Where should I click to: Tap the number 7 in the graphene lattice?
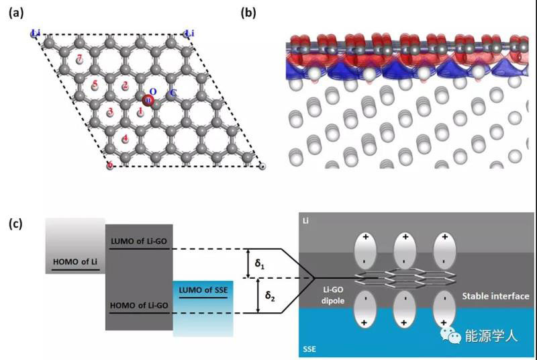click(80, 60)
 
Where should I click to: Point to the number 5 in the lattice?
click(95, 85)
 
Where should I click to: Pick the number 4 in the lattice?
click(126, 138)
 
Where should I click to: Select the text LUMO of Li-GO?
click(140, 240)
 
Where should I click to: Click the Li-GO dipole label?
click(334, 294)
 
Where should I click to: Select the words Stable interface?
click(496, 296)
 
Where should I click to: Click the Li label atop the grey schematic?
click(306, 221)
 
